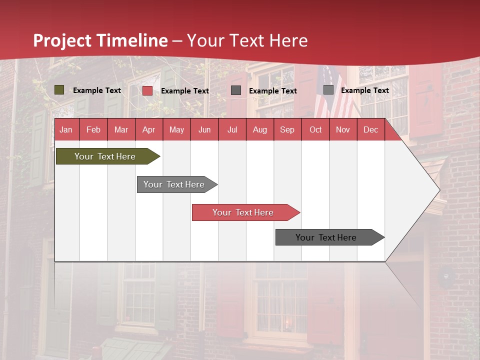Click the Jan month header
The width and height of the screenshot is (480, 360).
[x=66, y=130]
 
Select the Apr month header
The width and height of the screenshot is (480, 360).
[x=148, y=130]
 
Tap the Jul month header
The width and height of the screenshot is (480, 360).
[x=232, y=130]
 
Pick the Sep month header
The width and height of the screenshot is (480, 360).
[x=287, y=130]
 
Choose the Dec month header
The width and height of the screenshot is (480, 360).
[x=370, y=130]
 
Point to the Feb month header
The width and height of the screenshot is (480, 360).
[x=93, y=130]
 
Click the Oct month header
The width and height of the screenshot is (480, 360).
[x=315, y=130]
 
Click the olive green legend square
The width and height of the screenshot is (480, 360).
[x=59, y=90]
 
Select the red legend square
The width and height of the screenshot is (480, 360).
[x=147, y=90]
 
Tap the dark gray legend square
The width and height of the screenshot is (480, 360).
[x=236, y=90]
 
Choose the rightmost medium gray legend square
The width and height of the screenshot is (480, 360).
[x=328, y=90]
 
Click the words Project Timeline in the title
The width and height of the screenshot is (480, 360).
[x=100, y=40]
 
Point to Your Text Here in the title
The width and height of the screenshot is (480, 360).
[x=247, y=40]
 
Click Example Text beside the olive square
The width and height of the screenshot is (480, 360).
[x=97, y=90]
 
